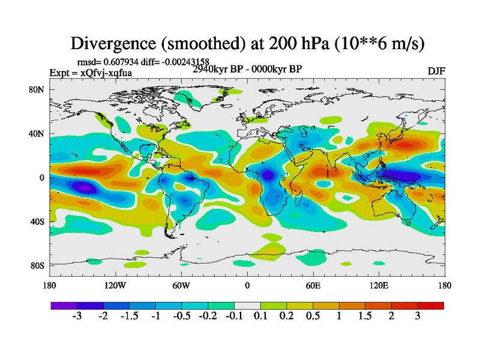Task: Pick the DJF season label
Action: (436, 71)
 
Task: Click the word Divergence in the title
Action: (115, 43)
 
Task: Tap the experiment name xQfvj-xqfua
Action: (106, 73)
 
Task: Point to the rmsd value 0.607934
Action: (125, 61)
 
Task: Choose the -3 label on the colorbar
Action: (77, 316)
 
